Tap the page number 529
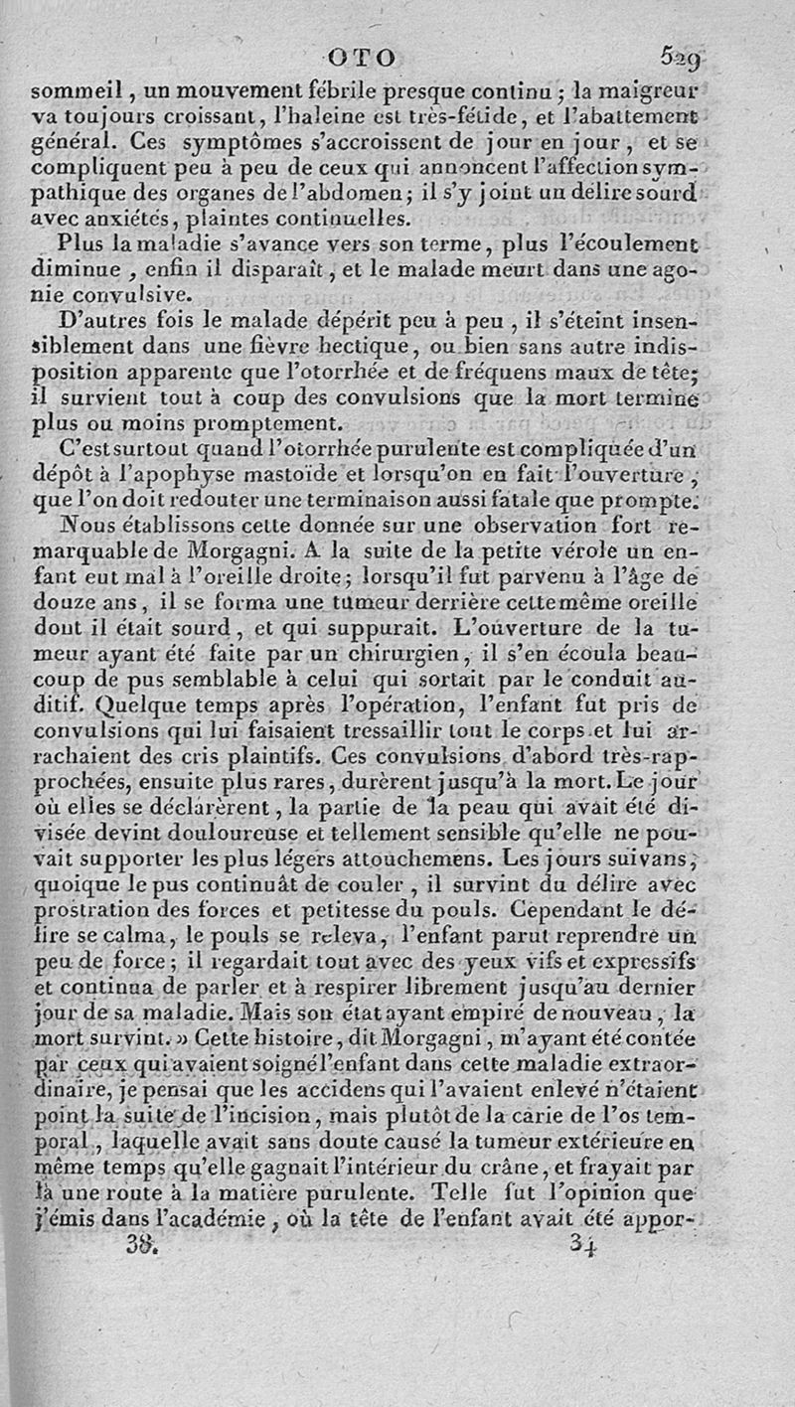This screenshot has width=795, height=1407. [x=680, y=60]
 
